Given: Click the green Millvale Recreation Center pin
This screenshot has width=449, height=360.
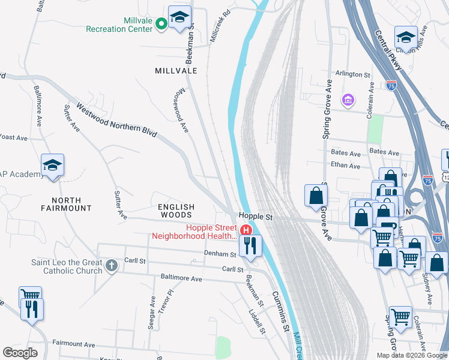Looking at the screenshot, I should (x=161, y=24).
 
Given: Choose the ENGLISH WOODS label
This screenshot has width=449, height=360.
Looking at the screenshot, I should (x=175, y=211).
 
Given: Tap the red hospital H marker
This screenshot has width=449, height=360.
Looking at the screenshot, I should (x=245, y=230).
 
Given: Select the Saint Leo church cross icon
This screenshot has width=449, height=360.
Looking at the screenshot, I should (x=112, y=265).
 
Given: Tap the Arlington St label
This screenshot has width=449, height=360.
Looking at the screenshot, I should (x=353, y=74).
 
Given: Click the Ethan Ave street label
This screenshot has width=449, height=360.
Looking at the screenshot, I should (x=346, y=166).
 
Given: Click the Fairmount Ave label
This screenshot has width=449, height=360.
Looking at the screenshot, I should (x=74, y=344).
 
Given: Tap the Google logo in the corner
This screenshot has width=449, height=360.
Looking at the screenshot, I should (x=20, y=353).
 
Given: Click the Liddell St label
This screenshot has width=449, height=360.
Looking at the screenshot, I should (x=257, y=322).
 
